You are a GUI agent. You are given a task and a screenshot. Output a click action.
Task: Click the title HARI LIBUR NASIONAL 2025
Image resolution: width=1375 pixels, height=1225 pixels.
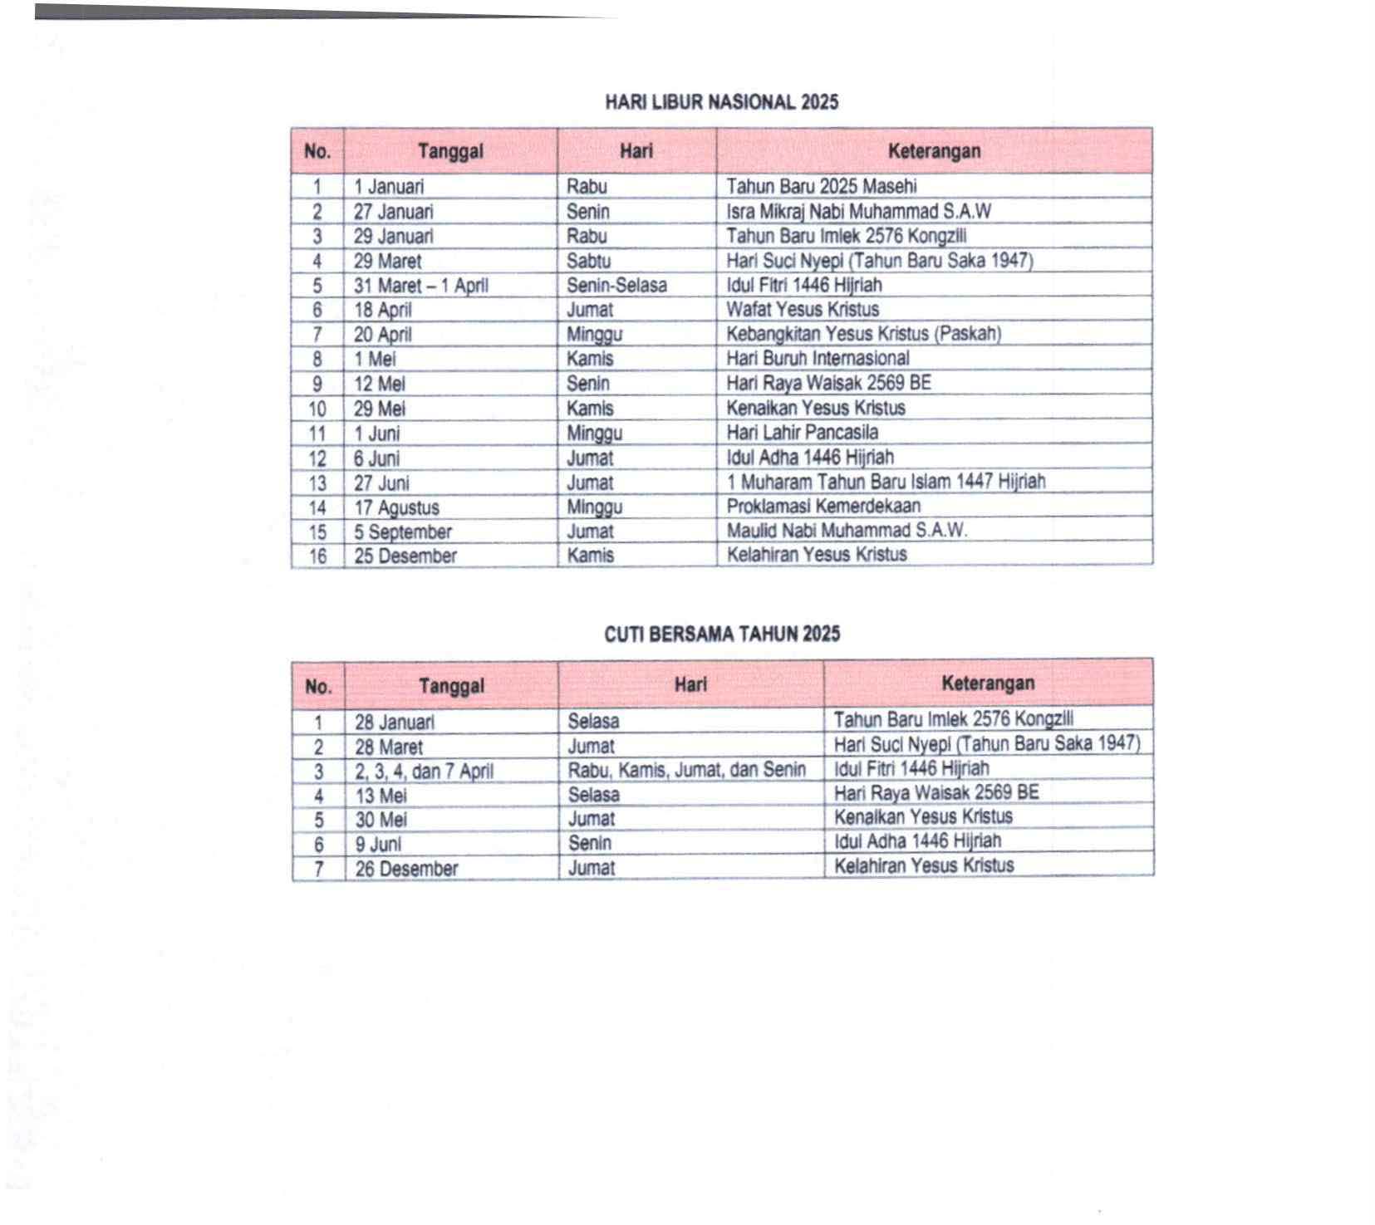coord(721,102)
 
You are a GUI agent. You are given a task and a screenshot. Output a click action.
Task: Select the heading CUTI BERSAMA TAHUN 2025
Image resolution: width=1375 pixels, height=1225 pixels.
coord(722,635)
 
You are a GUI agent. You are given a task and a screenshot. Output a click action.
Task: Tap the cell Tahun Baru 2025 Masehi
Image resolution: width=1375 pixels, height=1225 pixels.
coord(821,186)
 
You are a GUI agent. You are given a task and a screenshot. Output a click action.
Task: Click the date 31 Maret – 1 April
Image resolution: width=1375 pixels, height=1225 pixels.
coord(420,286)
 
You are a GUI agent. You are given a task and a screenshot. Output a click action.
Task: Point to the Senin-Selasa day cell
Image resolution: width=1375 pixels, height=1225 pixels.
coord(616,286)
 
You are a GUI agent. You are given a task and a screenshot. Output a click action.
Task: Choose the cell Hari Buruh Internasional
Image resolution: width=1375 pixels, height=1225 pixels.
coord(818,359)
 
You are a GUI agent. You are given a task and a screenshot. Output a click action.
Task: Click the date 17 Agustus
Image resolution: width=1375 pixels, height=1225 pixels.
coord(396,507)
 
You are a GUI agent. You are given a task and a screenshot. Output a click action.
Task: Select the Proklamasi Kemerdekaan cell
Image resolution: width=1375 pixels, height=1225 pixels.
coord(823,507)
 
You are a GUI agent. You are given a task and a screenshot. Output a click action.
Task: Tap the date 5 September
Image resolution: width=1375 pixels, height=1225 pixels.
coord(403,532)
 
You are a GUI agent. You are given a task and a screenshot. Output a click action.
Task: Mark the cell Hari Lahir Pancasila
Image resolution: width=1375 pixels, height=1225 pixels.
coord(802,433)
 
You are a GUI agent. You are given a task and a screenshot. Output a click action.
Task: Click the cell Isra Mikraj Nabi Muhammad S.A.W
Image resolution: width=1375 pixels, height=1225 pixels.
coord(858,211)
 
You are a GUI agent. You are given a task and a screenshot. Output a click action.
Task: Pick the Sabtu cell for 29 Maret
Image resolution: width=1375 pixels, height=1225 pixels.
coord(588,261)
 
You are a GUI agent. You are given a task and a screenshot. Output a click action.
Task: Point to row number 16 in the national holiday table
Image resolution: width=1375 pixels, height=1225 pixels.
coord(317,556)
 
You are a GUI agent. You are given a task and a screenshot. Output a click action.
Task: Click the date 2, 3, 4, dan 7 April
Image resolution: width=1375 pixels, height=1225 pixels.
coord(424,772)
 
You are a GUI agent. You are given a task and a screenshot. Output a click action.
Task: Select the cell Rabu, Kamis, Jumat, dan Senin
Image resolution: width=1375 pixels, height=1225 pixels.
coord(686,770)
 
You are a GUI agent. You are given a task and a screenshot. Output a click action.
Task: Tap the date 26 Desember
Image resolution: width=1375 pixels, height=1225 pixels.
coord(406,870)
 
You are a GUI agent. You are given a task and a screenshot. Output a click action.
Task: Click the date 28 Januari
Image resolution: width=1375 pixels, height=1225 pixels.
coord(394,723)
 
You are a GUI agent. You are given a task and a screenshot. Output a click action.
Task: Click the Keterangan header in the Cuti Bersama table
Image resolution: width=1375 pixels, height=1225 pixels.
coord(987,684)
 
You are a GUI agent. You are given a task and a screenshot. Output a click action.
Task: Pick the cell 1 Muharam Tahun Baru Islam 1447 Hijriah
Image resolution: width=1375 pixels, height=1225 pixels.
coord(886,482)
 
